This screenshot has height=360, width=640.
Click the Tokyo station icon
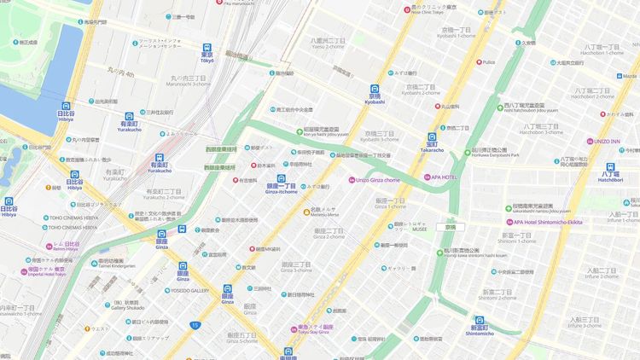pos(207,49)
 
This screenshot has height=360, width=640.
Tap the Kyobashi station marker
pos(375,90)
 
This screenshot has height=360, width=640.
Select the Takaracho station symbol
pos(432,136)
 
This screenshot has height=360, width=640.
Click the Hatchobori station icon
pos(611,168)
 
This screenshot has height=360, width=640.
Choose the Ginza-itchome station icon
pos(282,180)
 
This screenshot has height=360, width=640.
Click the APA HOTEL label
pos(448,177)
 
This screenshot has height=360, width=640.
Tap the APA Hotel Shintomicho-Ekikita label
pos(542,222)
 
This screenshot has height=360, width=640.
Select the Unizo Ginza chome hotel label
pos(375,180)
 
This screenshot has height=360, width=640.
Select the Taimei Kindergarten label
pos(116,265)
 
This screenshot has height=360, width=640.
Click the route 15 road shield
pos(195,324)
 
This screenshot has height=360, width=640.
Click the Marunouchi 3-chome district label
pos(189,84)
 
